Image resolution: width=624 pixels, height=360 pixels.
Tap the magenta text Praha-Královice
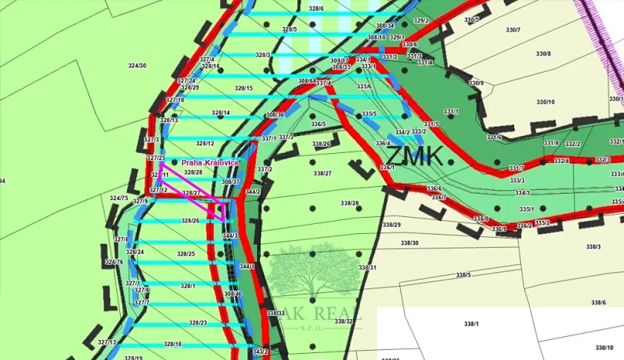click(x=210, y=163)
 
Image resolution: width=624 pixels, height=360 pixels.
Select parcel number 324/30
click(x=137, y=65)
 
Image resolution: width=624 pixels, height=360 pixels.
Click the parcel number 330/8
click(x=543, y=53)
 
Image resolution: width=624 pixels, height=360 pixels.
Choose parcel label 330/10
click(x=545, y=102)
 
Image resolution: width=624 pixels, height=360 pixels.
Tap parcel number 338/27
click(x=322, y=174)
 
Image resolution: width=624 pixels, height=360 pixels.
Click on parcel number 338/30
click(x=409, y=242)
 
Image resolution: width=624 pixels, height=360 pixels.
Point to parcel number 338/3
click(x=592, y=246)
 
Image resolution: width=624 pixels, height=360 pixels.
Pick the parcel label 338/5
click(x=463, y=275)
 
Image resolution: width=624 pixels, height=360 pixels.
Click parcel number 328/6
click(x=295, y=8)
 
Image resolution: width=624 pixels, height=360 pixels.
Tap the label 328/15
click(x=244, y=88)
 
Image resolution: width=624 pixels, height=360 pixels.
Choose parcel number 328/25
click(x=185, y=254)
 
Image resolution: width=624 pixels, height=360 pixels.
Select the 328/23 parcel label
click(x=198, y=322)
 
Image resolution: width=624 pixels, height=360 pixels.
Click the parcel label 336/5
click(x=318, y=124)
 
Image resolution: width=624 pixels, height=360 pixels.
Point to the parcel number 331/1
click(x=451, y=112)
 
